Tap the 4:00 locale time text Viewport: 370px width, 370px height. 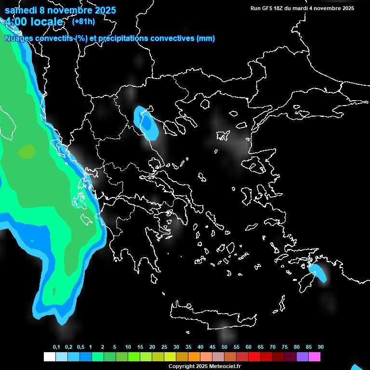[34, 22]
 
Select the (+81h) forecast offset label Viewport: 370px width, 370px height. [83, 21]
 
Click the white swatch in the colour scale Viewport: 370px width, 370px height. [49, 357]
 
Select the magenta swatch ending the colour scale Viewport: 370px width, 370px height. [314, 357]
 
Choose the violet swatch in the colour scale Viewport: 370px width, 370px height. [302, 357]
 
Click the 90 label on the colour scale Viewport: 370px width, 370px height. [320, 347]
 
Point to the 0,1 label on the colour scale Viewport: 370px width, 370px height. [56, 347]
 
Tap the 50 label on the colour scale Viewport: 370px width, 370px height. [225, 347]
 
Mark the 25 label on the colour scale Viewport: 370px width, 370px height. [164, 347]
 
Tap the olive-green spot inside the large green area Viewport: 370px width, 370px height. [26, 152]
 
